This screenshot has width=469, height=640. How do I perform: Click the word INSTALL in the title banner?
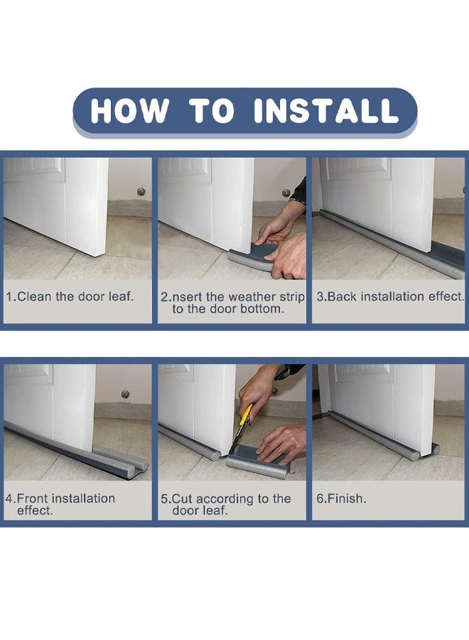pyautogui.click(x=325, y=111)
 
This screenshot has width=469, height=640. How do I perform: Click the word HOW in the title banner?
pyautogui.click(x=129, y=111)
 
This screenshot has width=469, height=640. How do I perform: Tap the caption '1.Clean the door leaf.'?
pyautogui.click(x=70, y=297)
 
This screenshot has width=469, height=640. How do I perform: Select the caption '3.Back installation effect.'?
pyautogui.click(x=390, y=297)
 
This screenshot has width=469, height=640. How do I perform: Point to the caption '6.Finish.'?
pyautogui.click(x=341, y=498)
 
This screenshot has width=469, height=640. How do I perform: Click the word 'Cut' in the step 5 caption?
pyautogui.click(x=183, y=498)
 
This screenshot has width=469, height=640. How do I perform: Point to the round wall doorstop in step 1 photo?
pyautogui.click(x=141, y=191)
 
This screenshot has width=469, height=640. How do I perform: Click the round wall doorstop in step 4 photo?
pyautogui.click(x=126, y=394)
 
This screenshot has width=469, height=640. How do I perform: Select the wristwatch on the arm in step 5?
pyautogui.click(x=286, y=372)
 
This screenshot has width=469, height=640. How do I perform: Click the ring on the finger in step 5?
pyautogui.click(x=281, y=449)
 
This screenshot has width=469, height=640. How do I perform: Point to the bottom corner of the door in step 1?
pyautogui.click(x=96, y=256)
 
